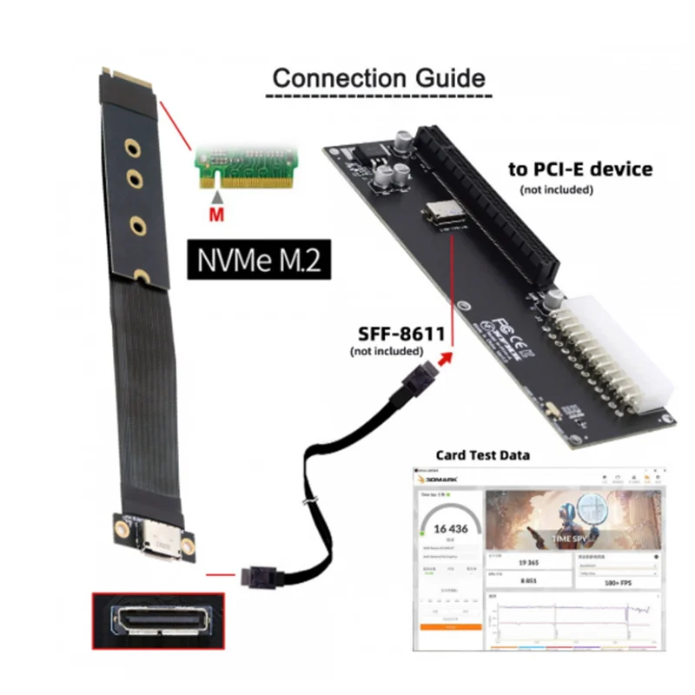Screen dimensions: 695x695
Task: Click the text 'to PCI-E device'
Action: click(x=579, y=169)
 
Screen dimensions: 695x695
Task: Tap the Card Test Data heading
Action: click(x=481, y=454)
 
